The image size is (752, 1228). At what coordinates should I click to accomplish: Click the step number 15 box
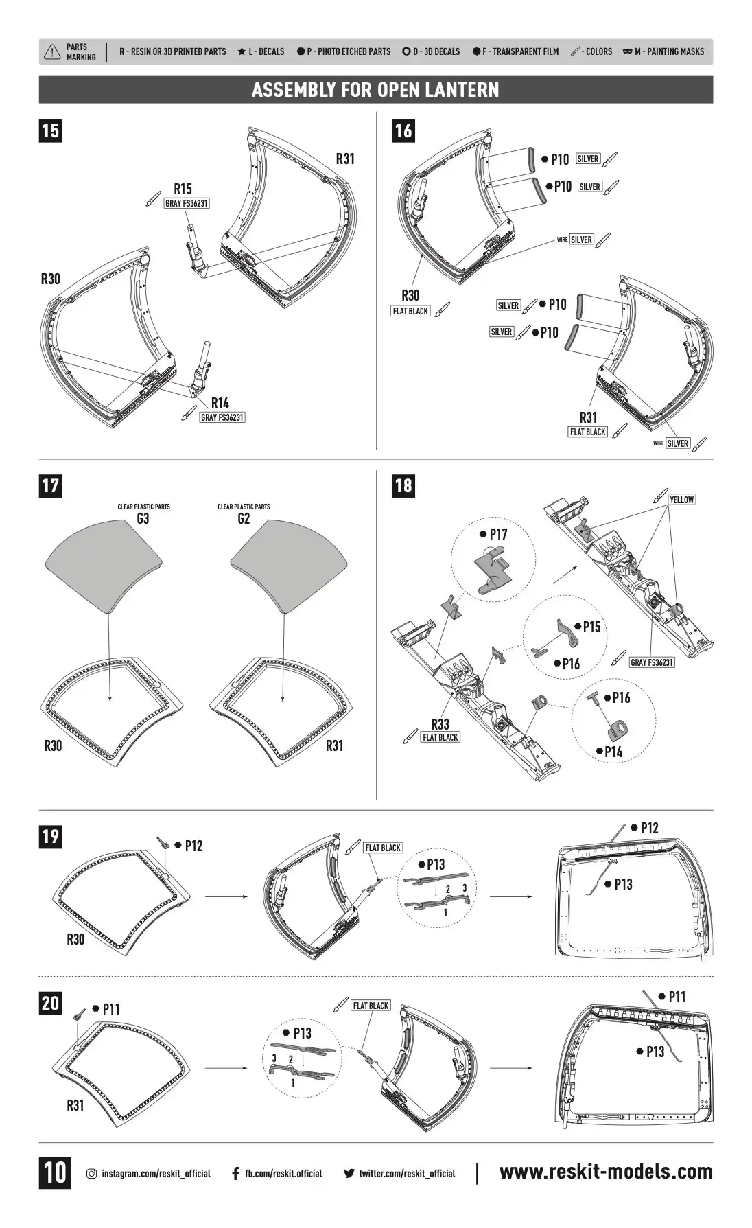pyautogui.click(x=50, y=130)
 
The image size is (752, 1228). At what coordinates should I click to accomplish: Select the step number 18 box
pyautogui.click(x=403, y=485)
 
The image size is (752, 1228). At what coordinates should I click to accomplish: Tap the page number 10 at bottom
pyautogui.click(x=55, y=1172)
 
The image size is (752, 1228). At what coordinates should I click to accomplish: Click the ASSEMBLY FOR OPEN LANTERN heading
pyautogui.click(x=375, y=90)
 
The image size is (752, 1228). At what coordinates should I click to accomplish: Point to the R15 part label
pyautogui.click(x=183, y=189)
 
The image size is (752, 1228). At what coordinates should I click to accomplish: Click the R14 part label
pyautogui.click(x=220, y=403)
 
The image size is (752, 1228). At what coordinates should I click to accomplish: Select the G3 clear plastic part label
pyautogui.click(x=143, y=518)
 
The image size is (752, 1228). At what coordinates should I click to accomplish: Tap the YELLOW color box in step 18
pyautogui.click(x=682, y=500)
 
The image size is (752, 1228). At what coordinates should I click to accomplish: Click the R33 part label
pyautogui.click(x=440, y=723)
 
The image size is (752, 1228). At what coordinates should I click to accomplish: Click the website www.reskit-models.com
pyautogui.click(x=606, y=1172)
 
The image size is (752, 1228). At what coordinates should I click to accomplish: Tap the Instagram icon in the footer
pyautogui.click(x=91, y=1174)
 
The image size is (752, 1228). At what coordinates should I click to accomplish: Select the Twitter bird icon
pyautogui.click(x=349, y=1174)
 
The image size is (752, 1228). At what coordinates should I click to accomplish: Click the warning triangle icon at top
pyautogui.click(x=52, y=52)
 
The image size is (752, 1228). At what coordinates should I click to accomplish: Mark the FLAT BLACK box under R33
pyautogui.click(x=440, y=737)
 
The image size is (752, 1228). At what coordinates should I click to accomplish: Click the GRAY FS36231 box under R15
pyautogui.click(x=187, y=203)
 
